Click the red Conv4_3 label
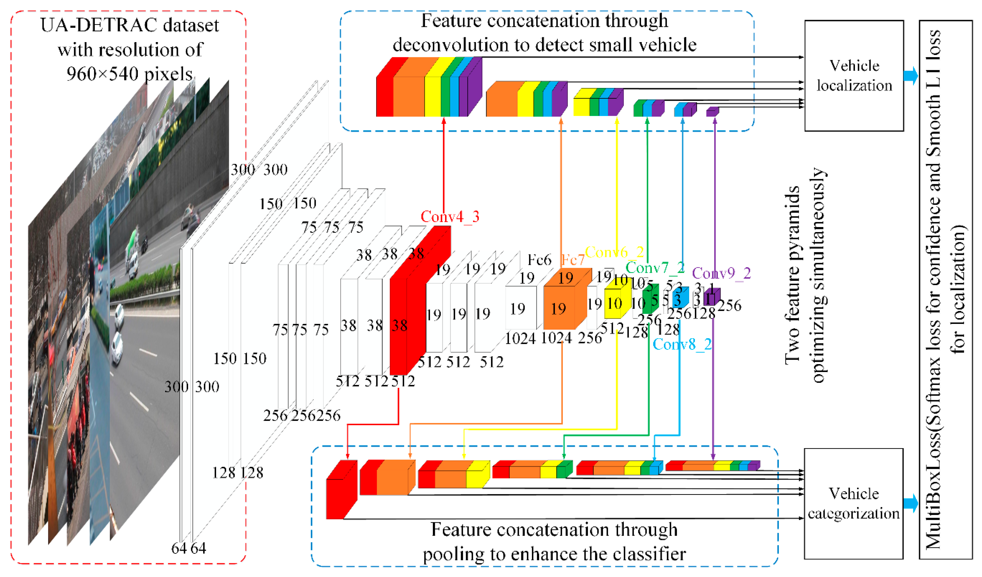[x=450, y=217]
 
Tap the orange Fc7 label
[x=573, y=259]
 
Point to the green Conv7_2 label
[x=655, y=268]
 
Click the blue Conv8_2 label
[x=682, y=344]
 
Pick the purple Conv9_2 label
[x=721, y=273]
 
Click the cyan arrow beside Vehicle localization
[x=911, y=75]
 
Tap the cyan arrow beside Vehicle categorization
[x=911, y=503]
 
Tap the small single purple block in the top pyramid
[x=712, y=112]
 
